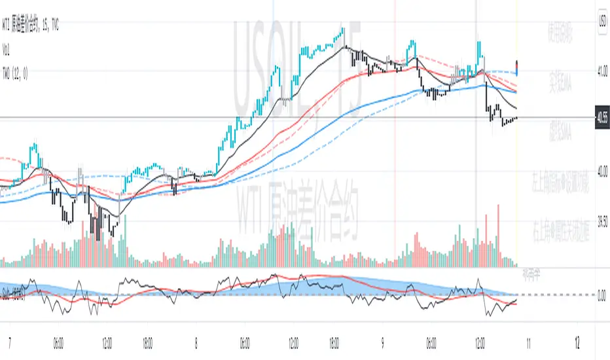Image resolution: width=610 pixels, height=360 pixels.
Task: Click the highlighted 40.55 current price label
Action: tap(601, 118)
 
